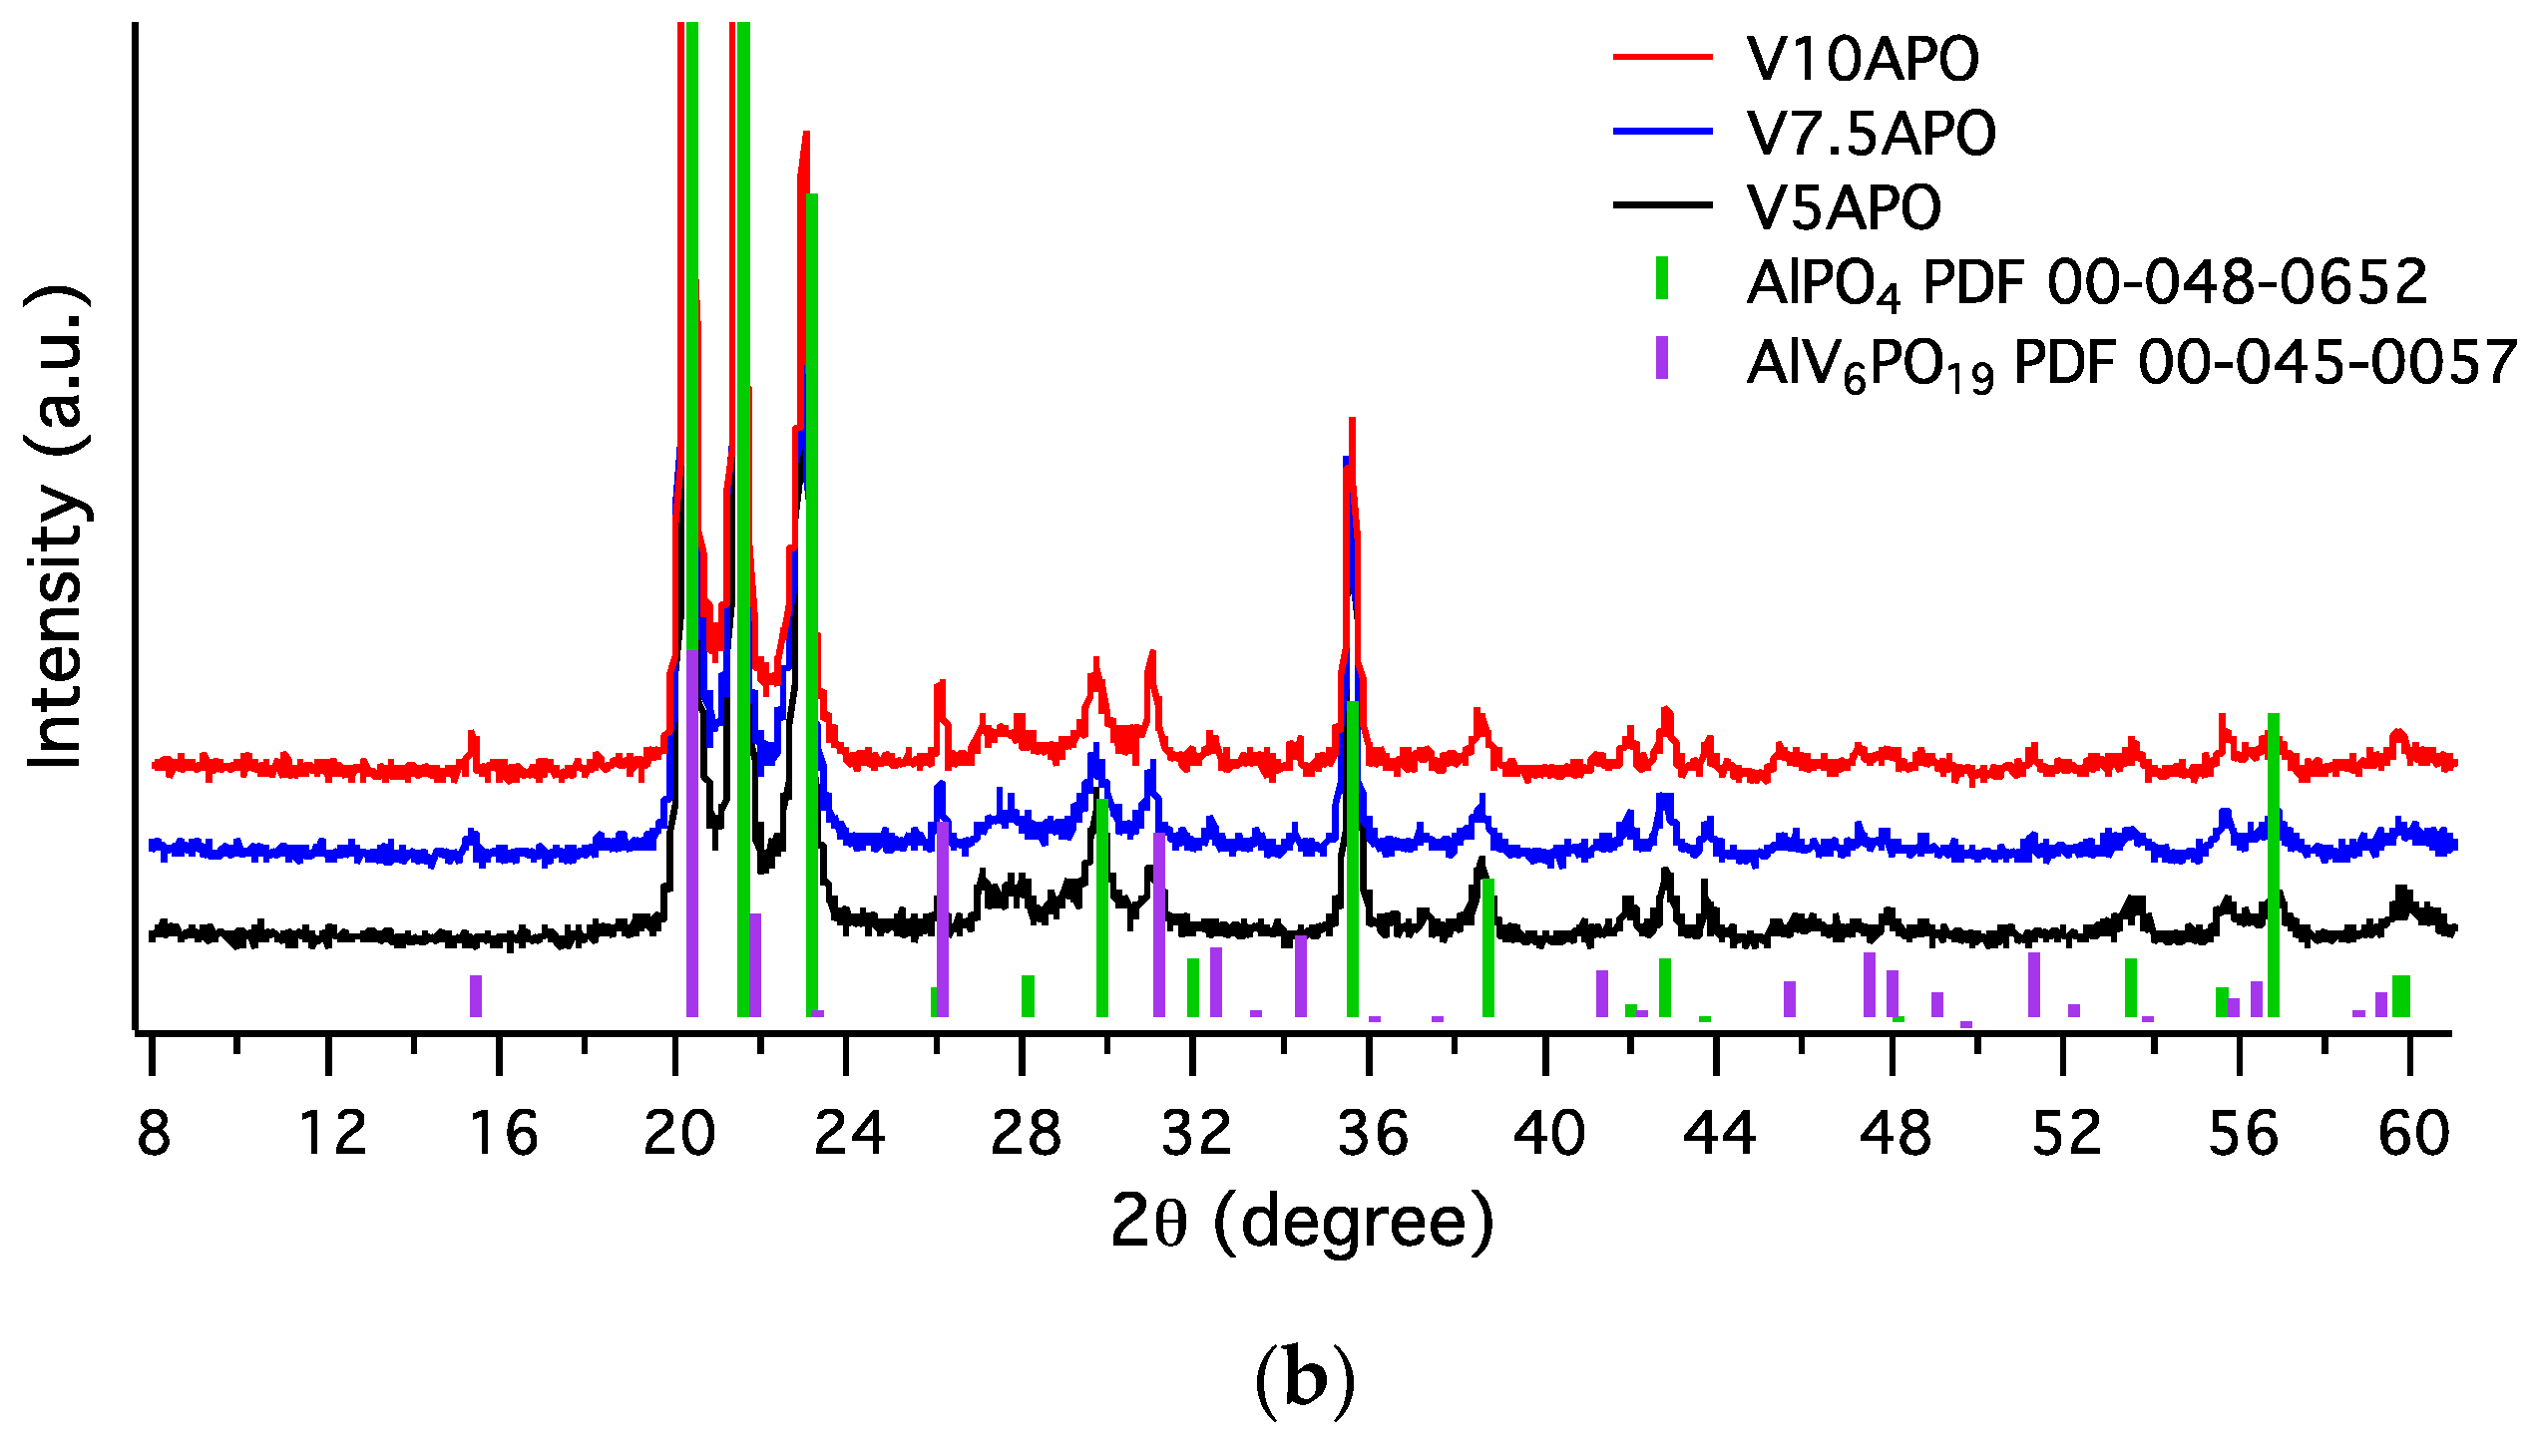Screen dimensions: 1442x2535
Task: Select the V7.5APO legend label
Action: [x=1871, y=133]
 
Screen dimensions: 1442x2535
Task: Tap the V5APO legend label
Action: [x=1844, y=206]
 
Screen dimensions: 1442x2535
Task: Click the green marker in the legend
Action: [x=1662, y=278]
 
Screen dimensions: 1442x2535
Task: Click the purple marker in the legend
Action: [x=1662, y=358]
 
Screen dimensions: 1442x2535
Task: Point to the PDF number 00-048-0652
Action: [x=2237, y=282]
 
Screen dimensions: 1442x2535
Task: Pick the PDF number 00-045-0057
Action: [x=2326, y=362]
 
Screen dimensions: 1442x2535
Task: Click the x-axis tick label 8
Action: [x=153, y=1134]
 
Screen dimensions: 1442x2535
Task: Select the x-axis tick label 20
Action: [x=678, y=1134]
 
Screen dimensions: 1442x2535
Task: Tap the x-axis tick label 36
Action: [x=1372, y=1134]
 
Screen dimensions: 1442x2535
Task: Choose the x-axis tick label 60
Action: [x=2413, y=1134]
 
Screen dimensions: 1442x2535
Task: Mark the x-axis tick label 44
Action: [x=1718, y=1134]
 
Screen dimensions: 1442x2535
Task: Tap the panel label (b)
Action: [x=1304, y=1380]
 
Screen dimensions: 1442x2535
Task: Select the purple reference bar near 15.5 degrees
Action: [x=476, y=995]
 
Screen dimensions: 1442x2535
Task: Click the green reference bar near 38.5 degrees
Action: [x=1487, y=947]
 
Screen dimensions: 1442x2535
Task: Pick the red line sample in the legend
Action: [x=1662, y=57]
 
